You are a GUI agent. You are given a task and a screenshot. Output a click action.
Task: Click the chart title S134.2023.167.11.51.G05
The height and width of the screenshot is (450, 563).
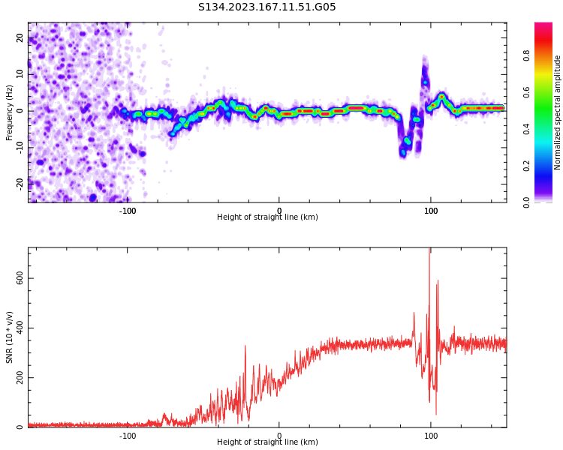[267, 7]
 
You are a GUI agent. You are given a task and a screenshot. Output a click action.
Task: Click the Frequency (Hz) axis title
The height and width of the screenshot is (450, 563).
[10, 112]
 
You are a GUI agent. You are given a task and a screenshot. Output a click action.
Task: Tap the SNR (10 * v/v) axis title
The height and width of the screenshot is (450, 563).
[10, 337]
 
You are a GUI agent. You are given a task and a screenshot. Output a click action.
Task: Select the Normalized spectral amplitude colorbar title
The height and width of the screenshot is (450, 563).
[558, 112]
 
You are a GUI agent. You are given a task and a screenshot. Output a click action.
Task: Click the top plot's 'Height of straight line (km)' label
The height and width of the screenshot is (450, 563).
[267, 217]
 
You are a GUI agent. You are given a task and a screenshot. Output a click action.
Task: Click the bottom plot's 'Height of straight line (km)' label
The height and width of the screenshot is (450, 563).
[267, 442]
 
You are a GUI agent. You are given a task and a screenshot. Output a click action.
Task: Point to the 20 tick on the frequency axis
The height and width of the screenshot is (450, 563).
[20, 38]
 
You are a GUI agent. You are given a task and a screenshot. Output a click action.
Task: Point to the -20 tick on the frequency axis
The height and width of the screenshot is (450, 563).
[20, 183]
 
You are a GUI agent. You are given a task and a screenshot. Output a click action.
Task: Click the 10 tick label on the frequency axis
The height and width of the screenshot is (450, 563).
[20, 74]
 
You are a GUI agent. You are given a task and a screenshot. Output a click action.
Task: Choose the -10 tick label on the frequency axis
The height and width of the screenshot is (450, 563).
[20, 147]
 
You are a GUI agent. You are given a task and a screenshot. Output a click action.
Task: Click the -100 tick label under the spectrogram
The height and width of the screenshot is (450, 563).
[128, 210]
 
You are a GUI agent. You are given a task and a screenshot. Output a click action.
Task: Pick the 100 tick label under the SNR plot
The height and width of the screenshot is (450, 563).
[431, 436]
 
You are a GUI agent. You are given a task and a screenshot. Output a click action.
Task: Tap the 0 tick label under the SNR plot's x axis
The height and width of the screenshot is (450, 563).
[279, 436]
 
